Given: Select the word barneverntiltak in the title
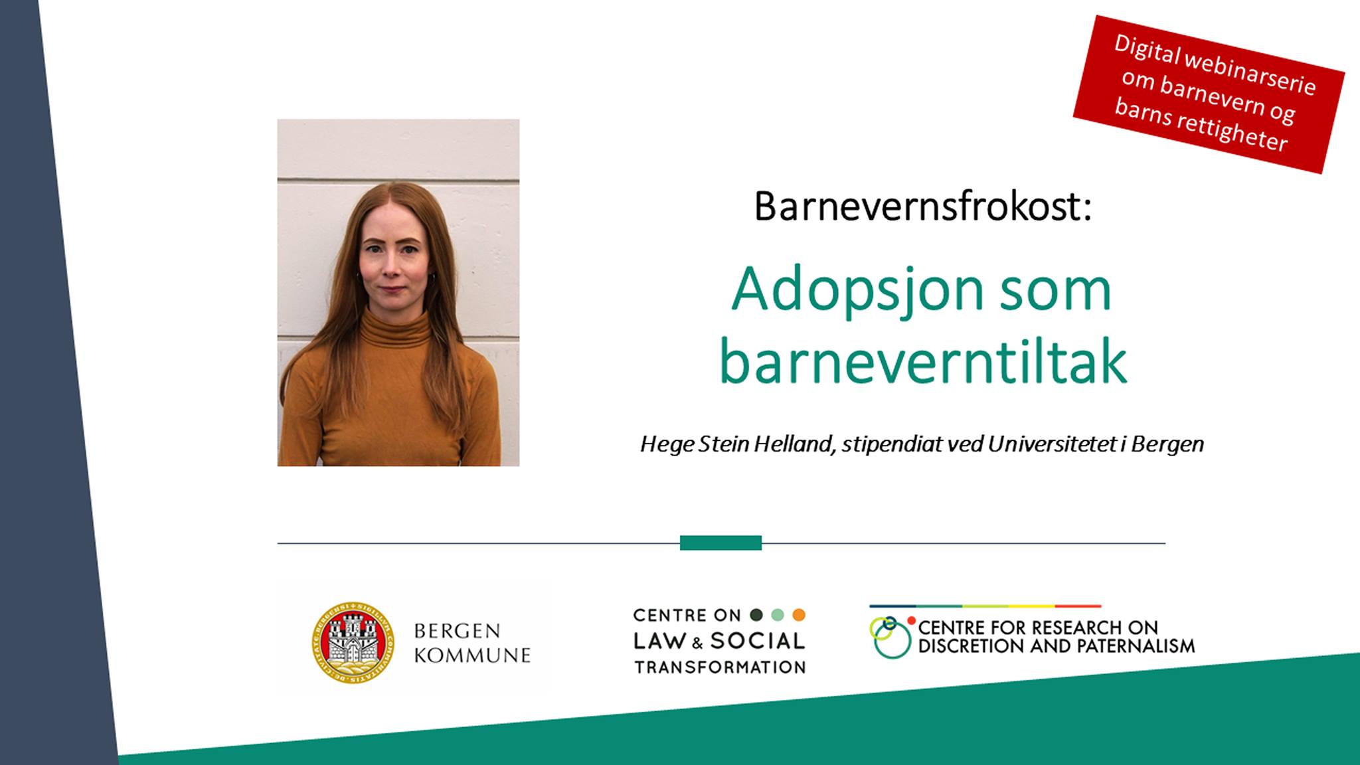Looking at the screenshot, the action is (923, 362).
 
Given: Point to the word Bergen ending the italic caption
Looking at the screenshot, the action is (1167, 444).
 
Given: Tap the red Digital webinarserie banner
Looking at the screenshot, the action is (1209, 94).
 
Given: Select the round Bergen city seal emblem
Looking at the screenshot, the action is (353, 643).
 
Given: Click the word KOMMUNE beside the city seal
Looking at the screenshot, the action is (472, 655).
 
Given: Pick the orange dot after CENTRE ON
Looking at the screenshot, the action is (799, 615).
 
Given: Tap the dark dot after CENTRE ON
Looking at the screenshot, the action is (756, 615).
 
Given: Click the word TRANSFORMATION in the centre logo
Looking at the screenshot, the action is (720, 667).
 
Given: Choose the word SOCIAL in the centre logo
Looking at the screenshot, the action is (758, 641).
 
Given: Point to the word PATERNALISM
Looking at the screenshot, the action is (1136, 645).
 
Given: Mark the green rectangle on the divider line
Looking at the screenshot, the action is (721, 543).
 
